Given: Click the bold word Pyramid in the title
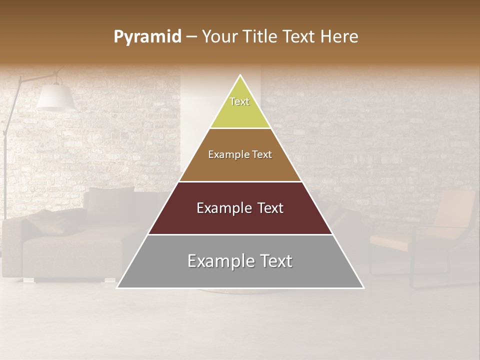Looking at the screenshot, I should (x=147, y=37).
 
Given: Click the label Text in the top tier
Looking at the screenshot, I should (x=239, y=101).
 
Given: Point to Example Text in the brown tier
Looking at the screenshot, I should (x=240, y=154).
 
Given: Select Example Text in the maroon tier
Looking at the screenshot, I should (x=240, y=208).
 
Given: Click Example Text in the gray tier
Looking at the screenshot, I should (x=240, y=261).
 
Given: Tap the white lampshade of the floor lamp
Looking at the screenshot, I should (x=55, y=97).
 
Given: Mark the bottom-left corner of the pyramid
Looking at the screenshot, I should (x=117, y=288).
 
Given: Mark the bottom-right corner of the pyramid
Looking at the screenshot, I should (x=363, y=288).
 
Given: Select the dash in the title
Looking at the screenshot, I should (x=191, y=37).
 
